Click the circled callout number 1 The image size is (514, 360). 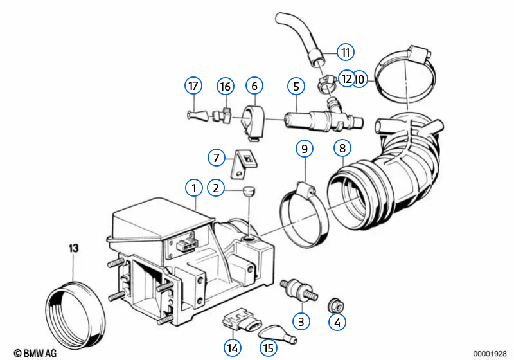click(x=194, y=188)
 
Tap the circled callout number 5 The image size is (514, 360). click(x=296, y=87)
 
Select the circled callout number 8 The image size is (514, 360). click(x=342, y=148)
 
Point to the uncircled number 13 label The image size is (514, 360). click(x=73, y=248)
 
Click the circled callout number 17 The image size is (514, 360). click(x=193, y=85)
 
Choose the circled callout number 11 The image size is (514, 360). click(x=346, y=52)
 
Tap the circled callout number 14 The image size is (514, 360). click(x=233, y=348)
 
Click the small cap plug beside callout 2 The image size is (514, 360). click(x=249, y=191)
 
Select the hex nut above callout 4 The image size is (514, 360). click(x=336, y=305)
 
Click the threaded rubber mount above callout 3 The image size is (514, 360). click(x=299, y=289)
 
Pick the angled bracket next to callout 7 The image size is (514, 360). click(x=244, y=164)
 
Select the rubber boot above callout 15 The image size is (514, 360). click(x=278, y=332)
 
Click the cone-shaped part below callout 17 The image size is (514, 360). click(x=198, y=115)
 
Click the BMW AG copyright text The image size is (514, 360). click(x=35, y=353)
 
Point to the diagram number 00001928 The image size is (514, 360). click(x=490, y=354)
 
